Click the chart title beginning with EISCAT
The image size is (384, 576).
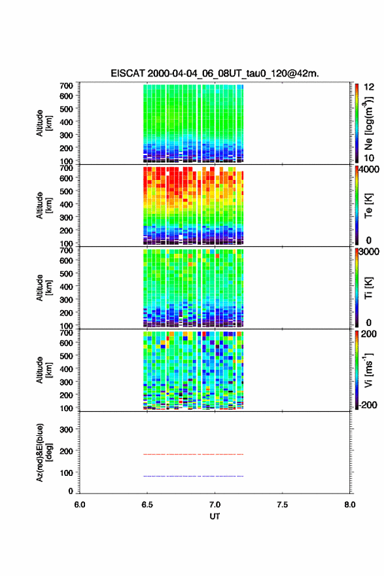215,73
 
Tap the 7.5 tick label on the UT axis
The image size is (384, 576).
283,505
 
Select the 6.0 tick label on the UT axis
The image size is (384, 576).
80,505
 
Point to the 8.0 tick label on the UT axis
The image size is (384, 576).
350,505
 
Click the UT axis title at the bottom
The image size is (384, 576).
215,516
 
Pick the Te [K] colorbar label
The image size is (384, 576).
368,206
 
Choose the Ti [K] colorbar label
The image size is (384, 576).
368,287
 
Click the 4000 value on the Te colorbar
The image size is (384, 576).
369,170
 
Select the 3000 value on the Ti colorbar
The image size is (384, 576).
369,252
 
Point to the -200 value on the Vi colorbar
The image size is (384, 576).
367,405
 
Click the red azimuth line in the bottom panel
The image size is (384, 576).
193,454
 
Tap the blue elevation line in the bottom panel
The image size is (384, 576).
193,476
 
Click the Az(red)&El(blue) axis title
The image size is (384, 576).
44,452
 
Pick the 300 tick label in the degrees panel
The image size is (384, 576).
66,429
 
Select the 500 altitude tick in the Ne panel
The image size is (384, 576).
66,109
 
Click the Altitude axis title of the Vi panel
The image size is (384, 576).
44,370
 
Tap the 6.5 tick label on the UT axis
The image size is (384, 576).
147,505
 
